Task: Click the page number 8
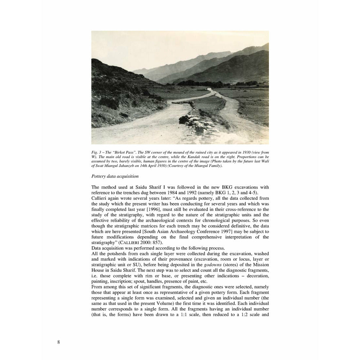[x=58, y=342]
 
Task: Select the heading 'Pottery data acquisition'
[x=115, y=176]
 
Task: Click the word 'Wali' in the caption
[x=264, y=161]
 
